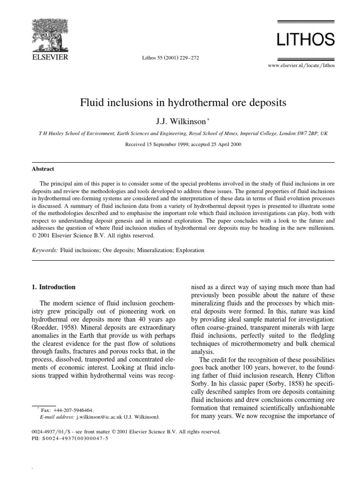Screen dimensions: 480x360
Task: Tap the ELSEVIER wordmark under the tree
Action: pyautogui.click(x=49, y=58)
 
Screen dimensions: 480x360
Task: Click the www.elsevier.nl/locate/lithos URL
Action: pyautogui.click(x=301, y=66)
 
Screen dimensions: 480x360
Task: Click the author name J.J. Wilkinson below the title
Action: pyautogui.click(x=178, y=121)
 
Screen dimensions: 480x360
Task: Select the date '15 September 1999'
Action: pyautogui.click(x=165, y=144)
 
